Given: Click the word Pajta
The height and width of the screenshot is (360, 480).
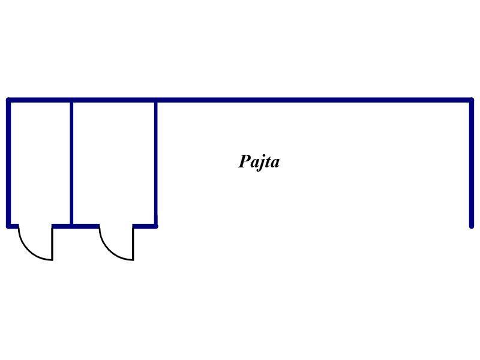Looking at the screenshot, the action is click(x=259, y=162).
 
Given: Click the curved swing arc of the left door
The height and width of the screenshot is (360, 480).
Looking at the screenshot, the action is click(x=29, y=250).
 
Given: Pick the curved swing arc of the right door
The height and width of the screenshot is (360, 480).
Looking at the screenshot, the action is click(x=110, y=250).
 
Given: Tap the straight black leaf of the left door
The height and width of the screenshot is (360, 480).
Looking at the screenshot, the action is click(x=52, y=244).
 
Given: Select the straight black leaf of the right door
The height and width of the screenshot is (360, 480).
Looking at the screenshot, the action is click(x=133, y=244).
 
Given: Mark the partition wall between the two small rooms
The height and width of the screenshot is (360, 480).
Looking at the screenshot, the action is click(x=71, y=163).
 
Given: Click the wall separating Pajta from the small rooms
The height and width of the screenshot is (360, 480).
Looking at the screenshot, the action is click(x=156, y=163).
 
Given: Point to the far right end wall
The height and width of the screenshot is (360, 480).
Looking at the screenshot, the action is click(x=472, y=163).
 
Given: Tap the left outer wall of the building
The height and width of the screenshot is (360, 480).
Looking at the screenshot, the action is click(x=8, y=163).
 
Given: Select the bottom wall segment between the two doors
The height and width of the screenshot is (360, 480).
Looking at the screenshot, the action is click(x=76, y=226).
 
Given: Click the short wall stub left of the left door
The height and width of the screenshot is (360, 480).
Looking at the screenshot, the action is click(x=13, y=226).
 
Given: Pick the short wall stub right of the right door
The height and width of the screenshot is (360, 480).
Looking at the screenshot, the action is click(x=145, y=226).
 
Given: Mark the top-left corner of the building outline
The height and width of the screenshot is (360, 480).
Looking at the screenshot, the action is click(x=8, y=100).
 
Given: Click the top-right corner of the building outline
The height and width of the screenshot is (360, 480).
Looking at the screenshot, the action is click(x=472, y=100).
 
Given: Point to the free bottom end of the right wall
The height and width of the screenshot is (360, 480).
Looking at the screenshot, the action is click(x=472, y=227).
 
